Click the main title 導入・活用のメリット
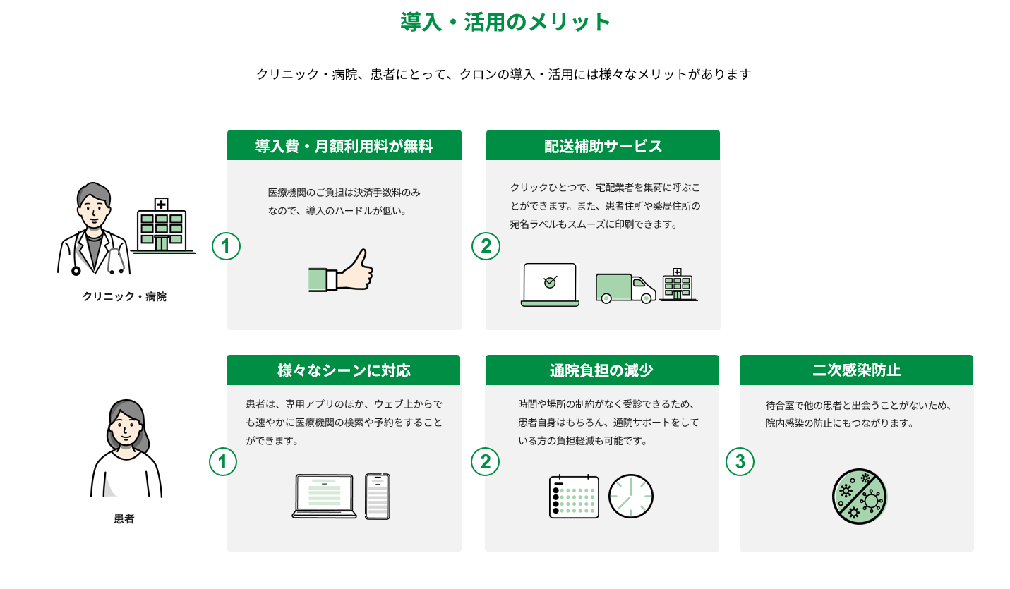click(x=505, y=22)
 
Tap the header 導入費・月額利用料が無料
click(x=344, y=146)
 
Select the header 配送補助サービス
click(x=603, y=146)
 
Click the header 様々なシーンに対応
click(x=344, y=370)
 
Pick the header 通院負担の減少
click(x=602, y=370)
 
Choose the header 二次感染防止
click(x=856, y=370)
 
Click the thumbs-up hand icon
click(x=341, y=270)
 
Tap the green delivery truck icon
click(x=625, y=288)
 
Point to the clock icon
click(x=631, y=496)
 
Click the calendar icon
click(x=574, y=496)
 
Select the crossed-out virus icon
click(x=860, y=497)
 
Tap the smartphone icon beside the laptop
click(x=378, y=496)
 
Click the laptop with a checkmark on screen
click(x=550, y=285)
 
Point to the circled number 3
click(x=740, y=461)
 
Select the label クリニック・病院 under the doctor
click(x=124, y=296)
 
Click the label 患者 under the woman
click(x=124, y=518)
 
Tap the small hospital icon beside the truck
click(x=678, y=285)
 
